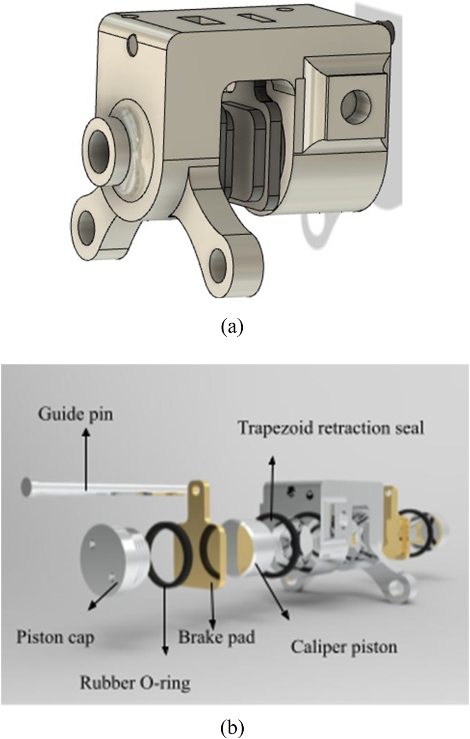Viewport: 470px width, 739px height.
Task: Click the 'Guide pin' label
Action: coord(75,414)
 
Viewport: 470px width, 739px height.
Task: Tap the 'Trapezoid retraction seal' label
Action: coord(331,428)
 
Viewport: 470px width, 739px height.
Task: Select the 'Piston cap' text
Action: coord(55,638)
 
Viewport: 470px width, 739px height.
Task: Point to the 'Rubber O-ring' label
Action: coord(135,682)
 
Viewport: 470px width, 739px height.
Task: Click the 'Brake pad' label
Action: coord(217,638)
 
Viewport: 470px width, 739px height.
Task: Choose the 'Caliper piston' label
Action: coord(344,646)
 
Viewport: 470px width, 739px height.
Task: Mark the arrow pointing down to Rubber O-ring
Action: coord(165,623)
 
